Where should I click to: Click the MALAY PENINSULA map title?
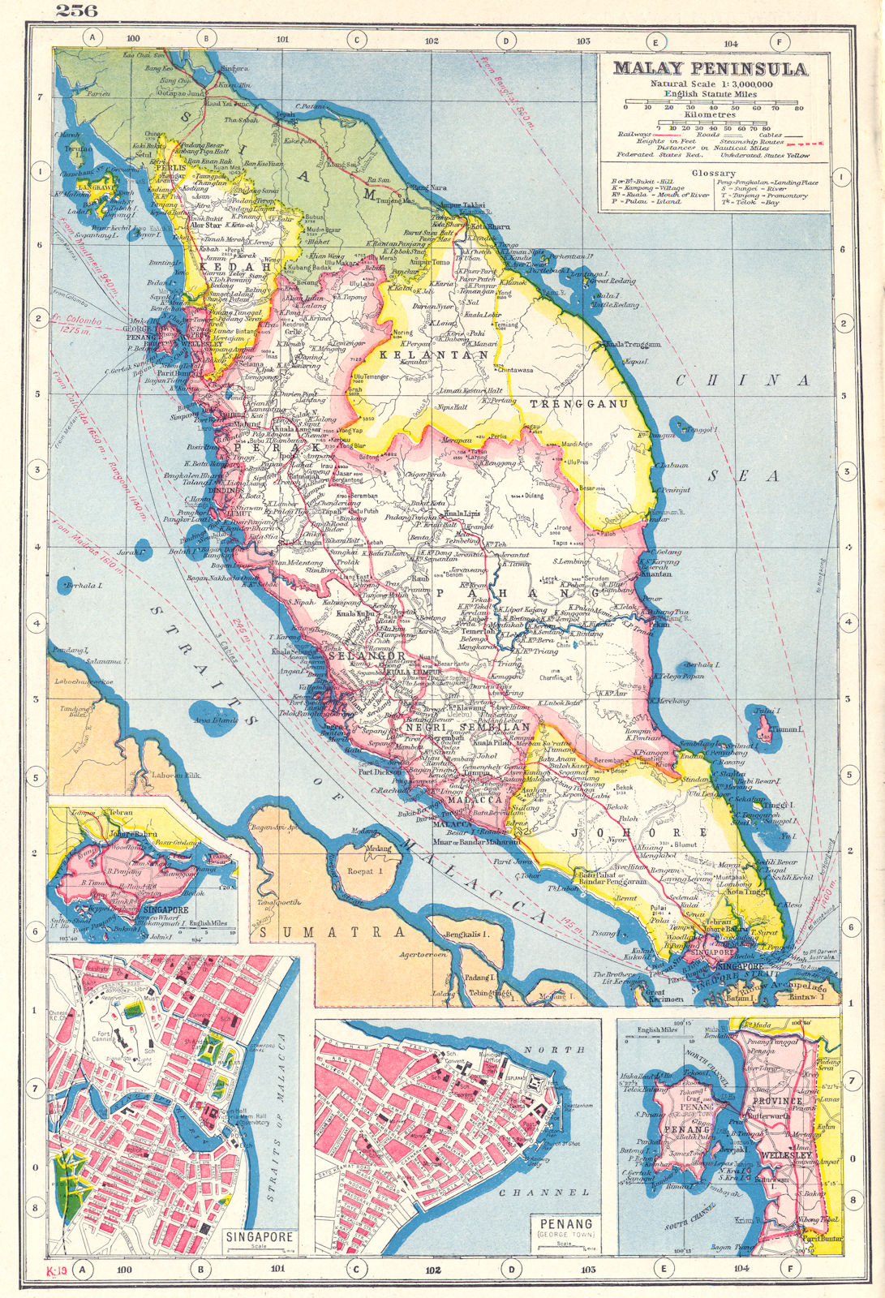tap(710, 69)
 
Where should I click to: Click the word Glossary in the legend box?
tap(714, 173)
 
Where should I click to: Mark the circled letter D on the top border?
tap(505, 39)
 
